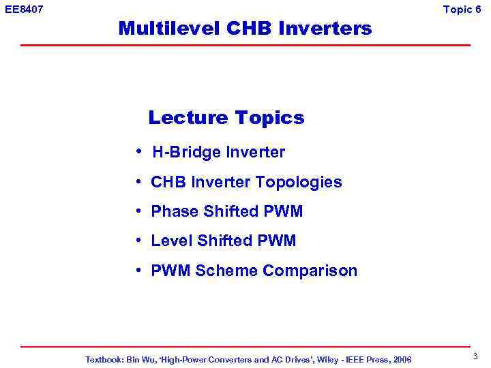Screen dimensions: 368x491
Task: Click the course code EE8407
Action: click(x=24, y=9)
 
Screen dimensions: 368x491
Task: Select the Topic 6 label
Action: click(x=466, y=9)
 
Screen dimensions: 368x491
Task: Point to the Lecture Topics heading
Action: click(x=226, y=118)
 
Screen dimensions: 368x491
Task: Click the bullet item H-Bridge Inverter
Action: click(x=218, y=153)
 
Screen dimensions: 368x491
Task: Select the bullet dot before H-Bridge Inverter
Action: click(x=138, y=151)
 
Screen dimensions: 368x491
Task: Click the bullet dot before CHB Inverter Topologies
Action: click(x=138, y=182)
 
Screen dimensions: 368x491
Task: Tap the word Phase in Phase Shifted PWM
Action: click(x=170, y=212)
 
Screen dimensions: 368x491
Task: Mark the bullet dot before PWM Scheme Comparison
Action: click(x=138, y=271)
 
